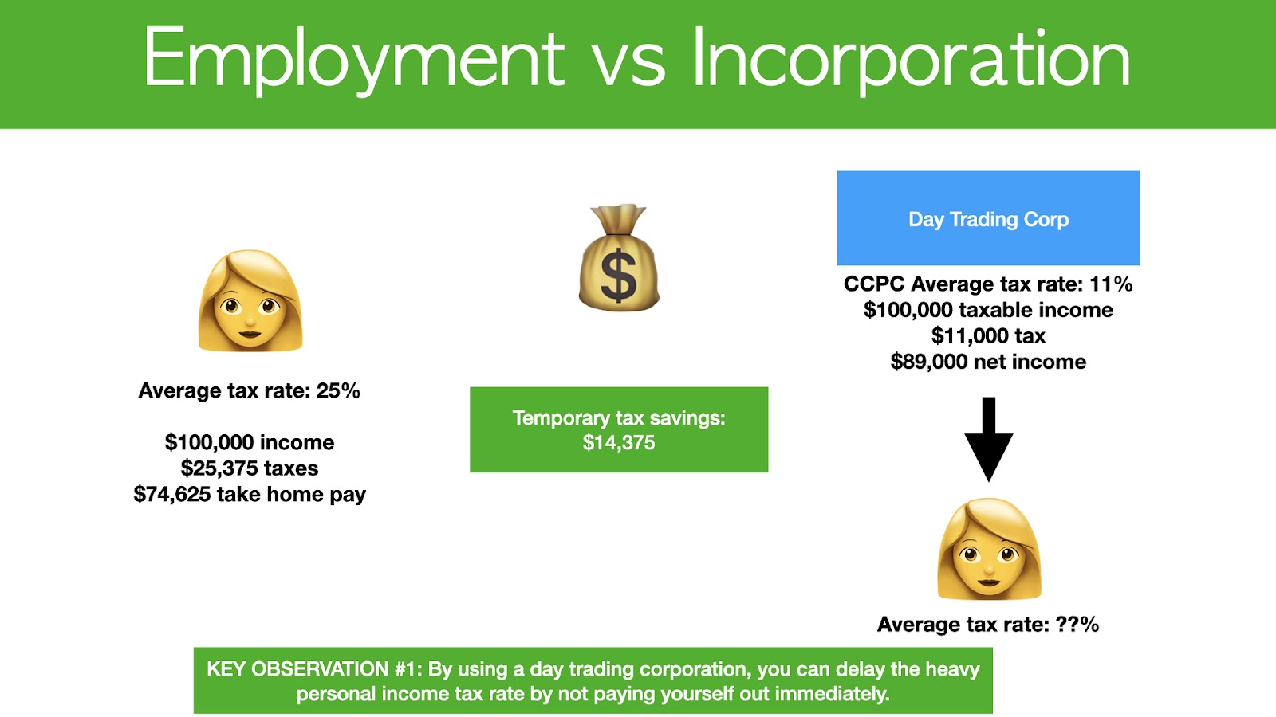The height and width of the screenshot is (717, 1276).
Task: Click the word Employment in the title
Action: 354,60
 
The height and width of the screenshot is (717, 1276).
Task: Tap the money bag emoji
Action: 619,257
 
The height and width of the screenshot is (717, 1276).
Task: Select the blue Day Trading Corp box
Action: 988,218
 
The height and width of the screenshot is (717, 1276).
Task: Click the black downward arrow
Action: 988,439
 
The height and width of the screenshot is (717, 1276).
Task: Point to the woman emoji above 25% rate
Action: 250,300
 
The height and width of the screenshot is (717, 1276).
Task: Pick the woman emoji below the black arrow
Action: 989,549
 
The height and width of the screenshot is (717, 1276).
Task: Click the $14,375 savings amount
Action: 619,443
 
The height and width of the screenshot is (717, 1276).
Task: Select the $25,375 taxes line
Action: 250,468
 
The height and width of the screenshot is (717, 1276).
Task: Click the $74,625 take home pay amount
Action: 172,494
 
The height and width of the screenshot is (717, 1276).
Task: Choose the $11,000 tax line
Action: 988,335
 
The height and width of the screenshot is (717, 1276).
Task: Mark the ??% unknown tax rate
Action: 1077,625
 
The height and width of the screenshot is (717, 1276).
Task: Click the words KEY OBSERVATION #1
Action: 314,669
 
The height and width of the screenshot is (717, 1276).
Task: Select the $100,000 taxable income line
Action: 988,310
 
